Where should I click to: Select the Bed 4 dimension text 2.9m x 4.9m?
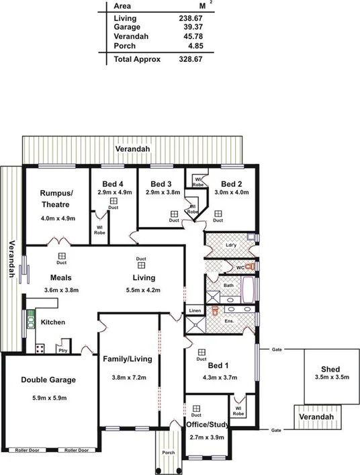click(113, 192)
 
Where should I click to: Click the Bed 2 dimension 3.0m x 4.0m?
click(231, 192)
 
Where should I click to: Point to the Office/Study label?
click(207, 425)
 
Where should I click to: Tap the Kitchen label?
click(52, 322)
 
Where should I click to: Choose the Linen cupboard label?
click(195, 310)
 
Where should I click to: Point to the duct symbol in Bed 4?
click(114, 200)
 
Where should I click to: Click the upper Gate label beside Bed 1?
click(276, 349)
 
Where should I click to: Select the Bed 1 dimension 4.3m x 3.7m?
click(218, 378)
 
